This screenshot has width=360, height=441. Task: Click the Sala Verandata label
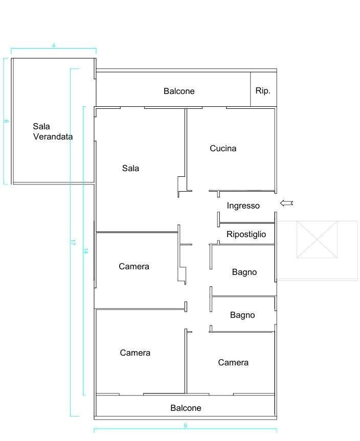click(x=52, y=131)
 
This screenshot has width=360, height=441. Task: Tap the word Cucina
click(x=223, y=149)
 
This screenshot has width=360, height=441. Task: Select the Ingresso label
click(x=243, y=206)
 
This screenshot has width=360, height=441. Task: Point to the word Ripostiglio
click(x=246, y=234)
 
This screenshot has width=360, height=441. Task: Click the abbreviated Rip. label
click(x=263, y=90)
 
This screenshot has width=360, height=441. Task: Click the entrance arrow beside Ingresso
click(x=286, y=203)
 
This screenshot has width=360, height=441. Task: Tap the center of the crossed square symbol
click(x=317, y=240)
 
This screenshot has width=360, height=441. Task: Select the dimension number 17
click(x=73, y=243)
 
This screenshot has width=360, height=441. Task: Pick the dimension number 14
click(x=86, y=251)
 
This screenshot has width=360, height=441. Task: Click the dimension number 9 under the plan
click(x=185, y=426)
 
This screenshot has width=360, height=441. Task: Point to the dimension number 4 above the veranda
click(x=54, y=45)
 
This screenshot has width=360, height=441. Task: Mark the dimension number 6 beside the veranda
click(x=6, y=121)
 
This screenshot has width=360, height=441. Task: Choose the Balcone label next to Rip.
click(x=179, y=91)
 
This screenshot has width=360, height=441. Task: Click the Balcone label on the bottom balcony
click(x=186, y=408)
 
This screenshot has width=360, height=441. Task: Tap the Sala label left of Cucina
click(x=130, y=168)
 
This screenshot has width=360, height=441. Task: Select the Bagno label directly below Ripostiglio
click(x=244, y=272)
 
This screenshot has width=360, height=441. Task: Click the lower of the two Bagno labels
click(x=242, y=315)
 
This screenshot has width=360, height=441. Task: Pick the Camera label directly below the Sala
click(x=134, y=266)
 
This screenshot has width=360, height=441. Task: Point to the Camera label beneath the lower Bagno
click(x=233, y=362)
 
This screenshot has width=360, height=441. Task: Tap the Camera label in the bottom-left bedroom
click(x=135, y=353)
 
